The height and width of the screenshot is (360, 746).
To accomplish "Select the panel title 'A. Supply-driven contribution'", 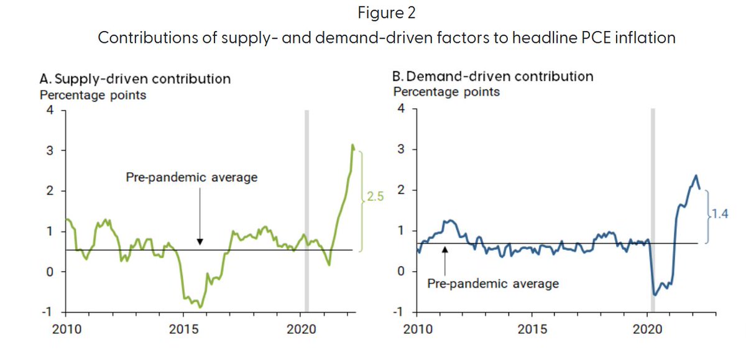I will [x=135, y=79].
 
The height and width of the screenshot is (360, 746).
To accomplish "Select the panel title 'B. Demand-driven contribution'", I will [x=493, y=76].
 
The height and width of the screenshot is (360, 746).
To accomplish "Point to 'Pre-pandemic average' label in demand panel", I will [x=494, y=284].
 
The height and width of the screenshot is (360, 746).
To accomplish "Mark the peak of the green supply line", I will [x=352, y=145].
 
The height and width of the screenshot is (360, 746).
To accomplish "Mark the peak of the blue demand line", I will [x=696, y=176].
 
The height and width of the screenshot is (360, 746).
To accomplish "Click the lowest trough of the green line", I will [x=200, y=307].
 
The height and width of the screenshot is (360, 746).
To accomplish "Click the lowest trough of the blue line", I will [x=655, y=295].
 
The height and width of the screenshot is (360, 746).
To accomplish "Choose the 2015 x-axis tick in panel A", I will [x=184, y=329].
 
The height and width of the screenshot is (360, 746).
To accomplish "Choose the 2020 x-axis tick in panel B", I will [x=647, y=328].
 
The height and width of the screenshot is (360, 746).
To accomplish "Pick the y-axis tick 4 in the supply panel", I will [x=48, y=110].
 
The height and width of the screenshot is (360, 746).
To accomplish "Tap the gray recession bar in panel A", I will [x=306, y=211].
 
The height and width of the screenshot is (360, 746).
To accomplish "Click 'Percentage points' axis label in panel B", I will [x=446, y=92].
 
